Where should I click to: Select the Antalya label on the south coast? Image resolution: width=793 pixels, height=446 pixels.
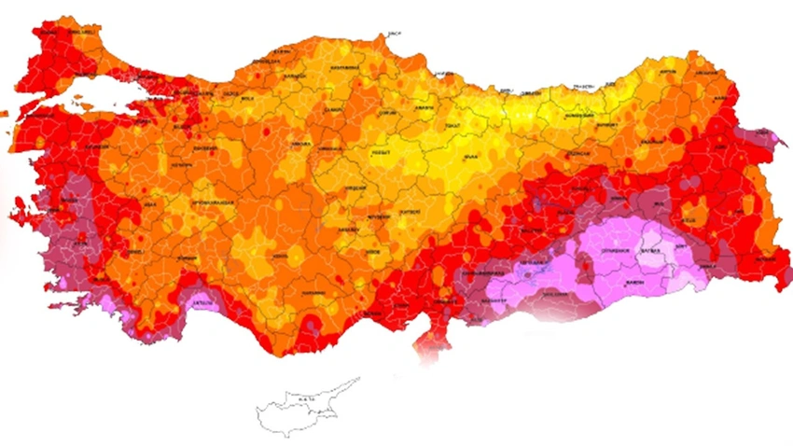pyautogui.click(x=202, y=302)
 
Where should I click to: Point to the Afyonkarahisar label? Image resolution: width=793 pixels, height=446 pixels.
pyautogui.click(x=199, y=202)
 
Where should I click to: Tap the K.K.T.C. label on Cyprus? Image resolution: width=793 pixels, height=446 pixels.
pyautogui.click(x=306, y=399)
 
